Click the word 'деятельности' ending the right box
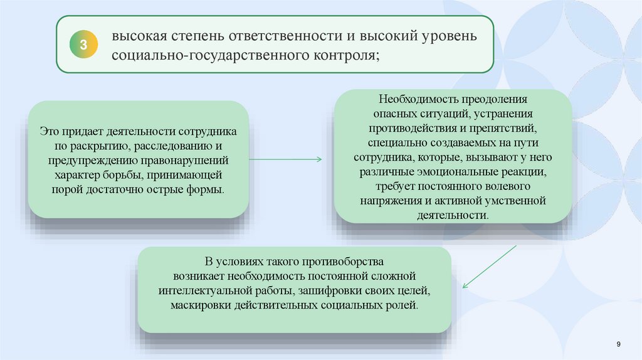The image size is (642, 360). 451,215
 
